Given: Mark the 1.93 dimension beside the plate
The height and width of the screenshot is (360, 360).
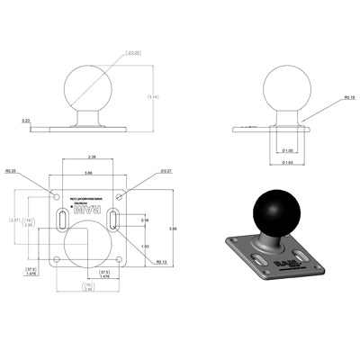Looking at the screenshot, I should point(143,245).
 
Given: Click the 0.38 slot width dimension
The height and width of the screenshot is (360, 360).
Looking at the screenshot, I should point(145,219).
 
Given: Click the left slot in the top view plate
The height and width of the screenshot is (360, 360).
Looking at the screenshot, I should point(59,220).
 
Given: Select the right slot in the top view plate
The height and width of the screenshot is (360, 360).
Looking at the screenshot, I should point(114,220).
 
